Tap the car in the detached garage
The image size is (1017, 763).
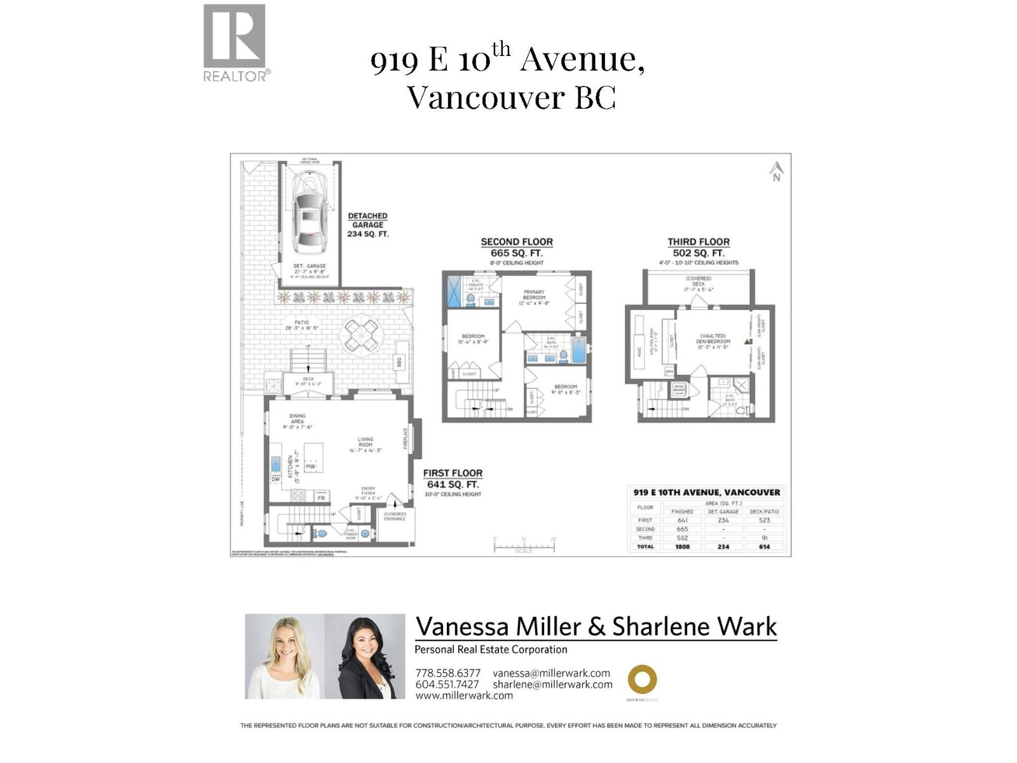(x=308, y=213)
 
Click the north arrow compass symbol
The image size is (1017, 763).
(x=776, y=171)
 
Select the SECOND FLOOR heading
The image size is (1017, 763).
(x=516, y=242)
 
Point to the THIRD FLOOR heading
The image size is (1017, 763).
(x=699, y=242)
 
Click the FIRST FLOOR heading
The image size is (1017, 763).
(x=453, y=473)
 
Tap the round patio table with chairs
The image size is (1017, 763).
(x=361, y=334)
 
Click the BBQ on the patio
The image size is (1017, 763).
(x=400, y=362)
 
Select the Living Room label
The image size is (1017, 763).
(x=365, y=443)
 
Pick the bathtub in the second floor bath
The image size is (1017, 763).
(x=578, y=350)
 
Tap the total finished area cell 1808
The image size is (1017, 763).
(x=682, y=547)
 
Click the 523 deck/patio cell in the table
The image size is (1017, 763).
(x=764, y=520)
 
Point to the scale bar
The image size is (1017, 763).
(x=524, y=546)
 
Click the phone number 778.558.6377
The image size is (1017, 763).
(x=447, y=673)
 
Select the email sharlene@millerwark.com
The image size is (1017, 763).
(x=552, y=685)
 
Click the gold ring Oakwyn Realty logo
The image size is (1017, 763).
(x=642, y=680)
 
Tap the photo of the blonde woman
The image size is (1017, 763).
(x=285, y=656)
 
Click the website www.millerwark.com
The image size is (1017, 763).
(x=464, y=696)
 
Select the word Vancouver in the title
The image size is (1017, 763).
(x=486, y=97)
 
